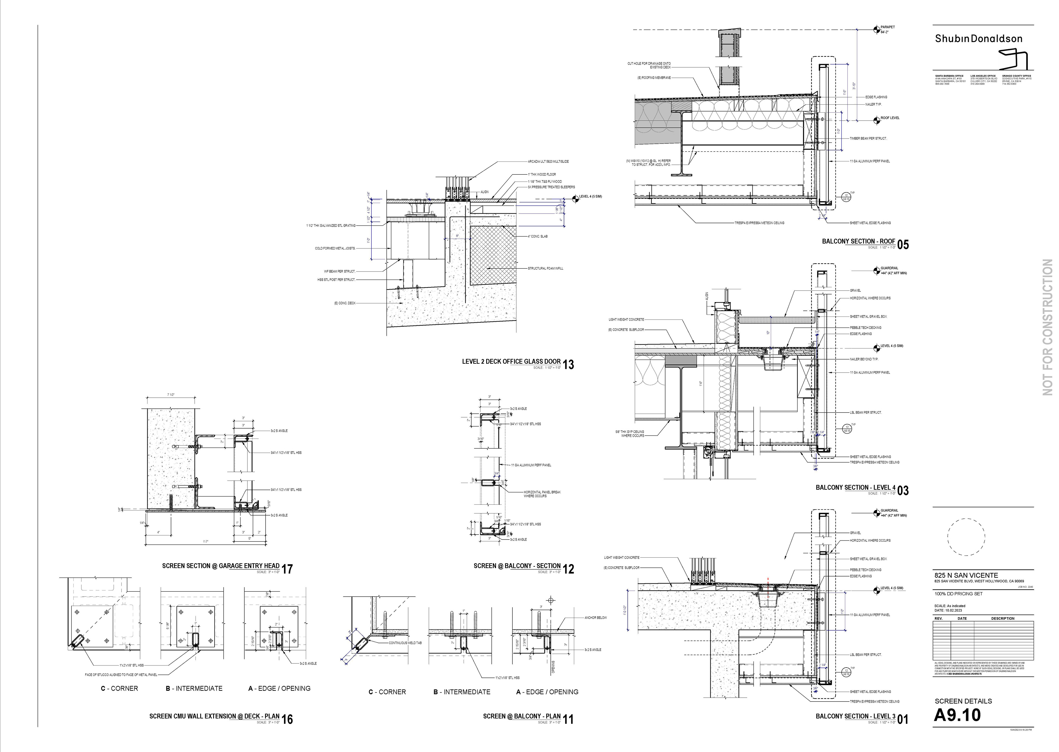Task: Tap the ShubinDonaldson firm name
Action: coord(978,39)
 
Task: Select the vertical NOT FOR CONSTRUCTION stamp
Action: coord(1047,327)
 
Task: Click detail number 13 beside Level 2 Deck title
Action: coord(569,365)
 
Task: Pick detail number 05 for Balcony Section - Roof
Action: coord(903,245)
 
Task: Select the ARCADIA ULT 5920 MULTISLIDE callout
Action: coord(548,162)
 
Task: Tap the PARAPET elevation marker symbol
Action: coord(876,30)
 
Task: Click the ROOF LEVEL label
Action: coord(890,118)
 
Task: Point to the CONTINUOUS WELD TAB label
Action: coord(405,643)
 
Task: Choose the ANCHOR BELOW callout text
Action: coord(595,618)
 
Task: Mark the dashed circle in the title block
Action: coord(966,537)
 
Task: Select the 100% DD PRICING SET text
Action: coord(958,594)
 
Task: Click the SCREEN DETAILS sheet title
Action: coord(963,701)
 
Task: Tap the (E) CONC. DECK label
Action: coord(345,303)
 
